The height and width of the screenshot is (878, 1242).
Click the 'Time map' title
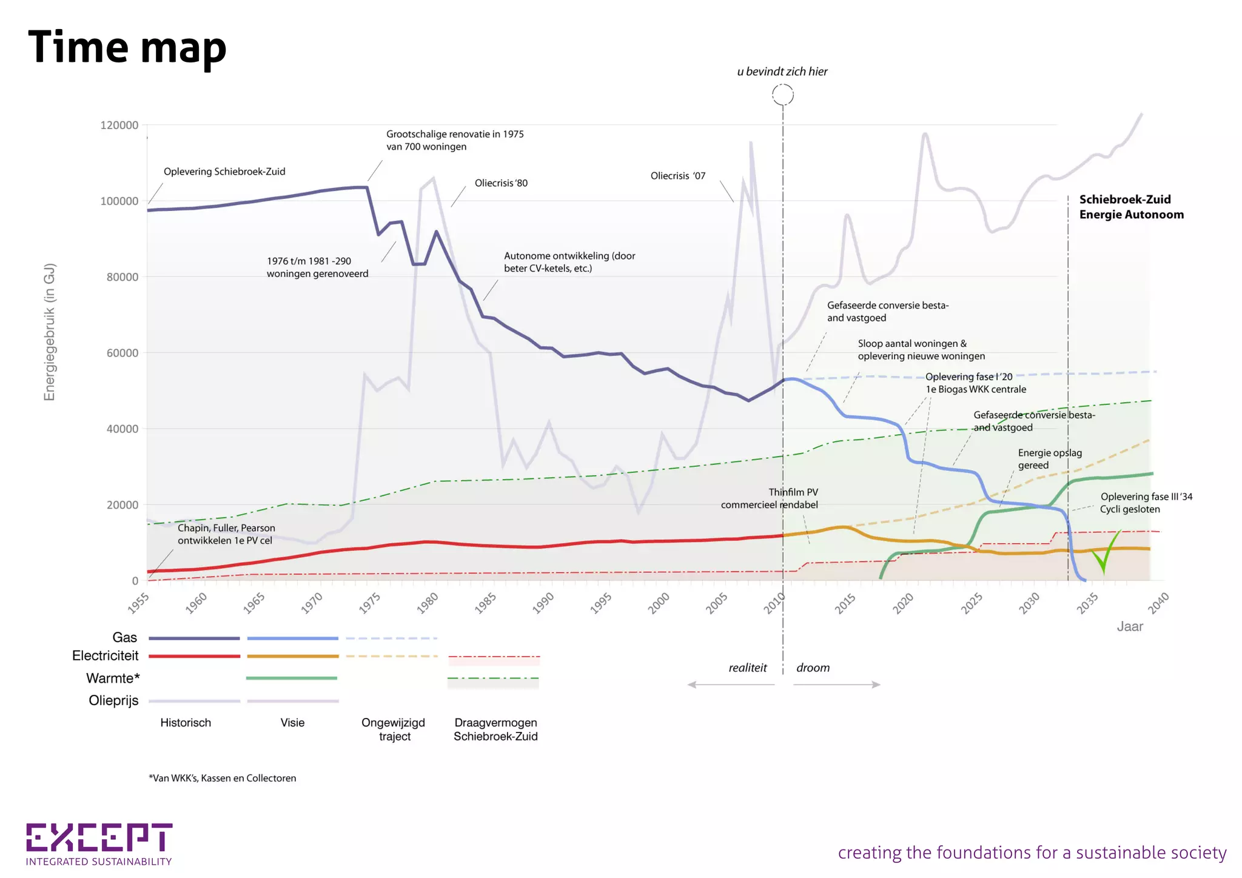pos(127,47)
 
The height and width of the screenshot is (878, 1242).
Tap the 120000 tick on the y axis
pos(119,126)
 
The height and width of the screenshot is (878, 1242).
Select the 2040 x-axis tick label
pos(1158,603)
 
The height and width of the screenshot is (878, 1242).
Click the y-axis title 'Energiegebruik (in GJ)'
pos(50,332)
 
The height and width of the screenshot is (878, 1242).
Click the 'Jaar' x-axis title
pos(1130,627)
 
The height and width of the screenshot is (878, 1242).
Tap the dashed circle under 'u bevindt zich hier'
pos(782,95)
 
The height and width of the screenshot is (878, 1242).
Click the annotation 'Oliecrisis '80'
pos(501,183)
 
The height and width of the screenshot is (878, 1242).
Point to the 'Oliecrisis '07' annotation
pos(678,176)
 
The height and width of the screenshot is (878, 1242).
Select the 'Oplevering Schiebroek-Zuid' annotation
pos(224,172)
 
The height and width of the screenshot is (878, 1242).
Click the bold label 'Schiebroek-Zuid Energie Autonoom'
pos(1131,207)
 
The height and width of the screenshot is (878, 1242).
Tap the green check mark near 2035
pos(1106,552)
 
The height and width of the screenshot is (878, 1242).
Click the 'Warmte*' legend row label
pos(113,678)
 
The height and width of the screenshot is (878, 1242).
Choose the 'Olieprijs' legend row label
pos(113,700)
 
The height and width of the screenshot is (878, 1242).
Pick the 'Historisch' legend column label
pos(186,723)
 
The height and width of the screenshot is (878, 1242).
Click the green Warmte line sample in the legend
pos(292,678)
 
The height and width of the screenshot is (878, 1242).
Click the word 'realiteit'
pos(748,668)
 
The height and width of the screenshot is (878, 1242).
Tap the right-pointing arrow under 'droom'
pos(837,685)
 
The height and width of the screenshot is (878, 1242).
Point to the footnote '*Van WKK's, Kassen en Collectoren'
pos(223,778)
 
